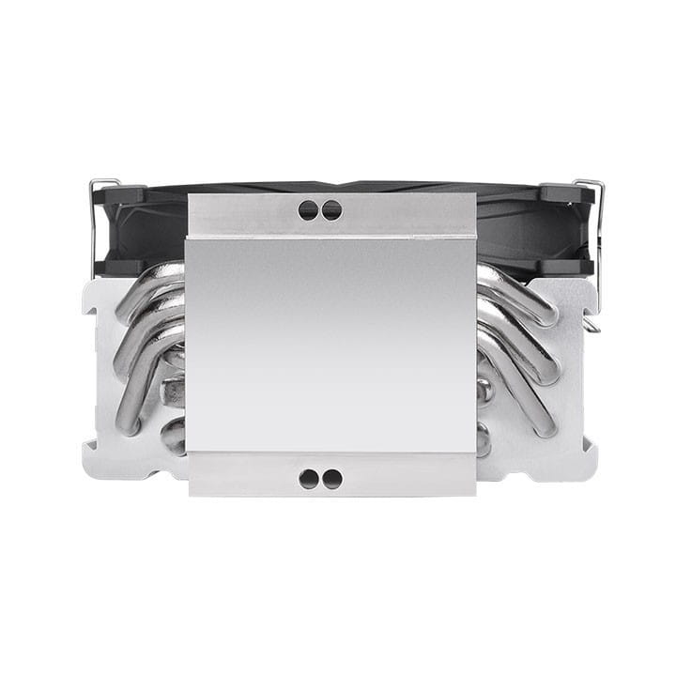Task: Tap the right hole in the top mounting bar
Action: tap(331, 211)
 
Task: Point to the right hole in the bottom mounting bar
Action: tap(331, 479)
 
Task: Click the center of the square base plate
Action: tap(331, 343)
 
